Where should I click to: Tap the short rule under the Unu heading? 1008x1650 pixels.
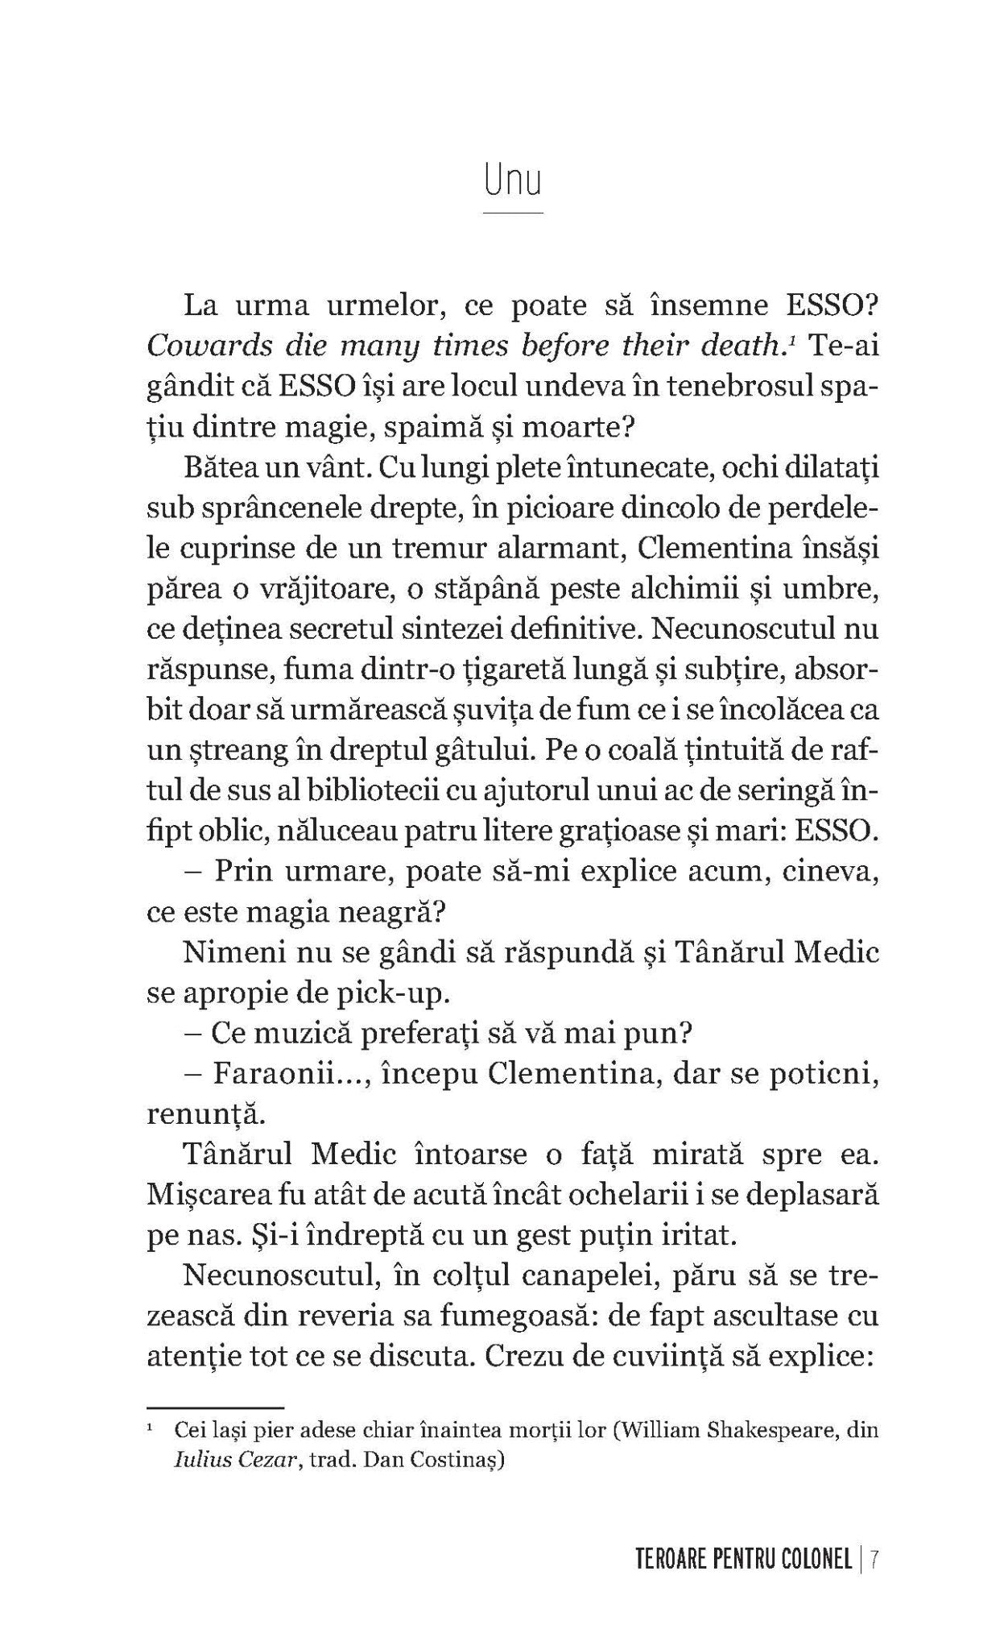513,214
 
